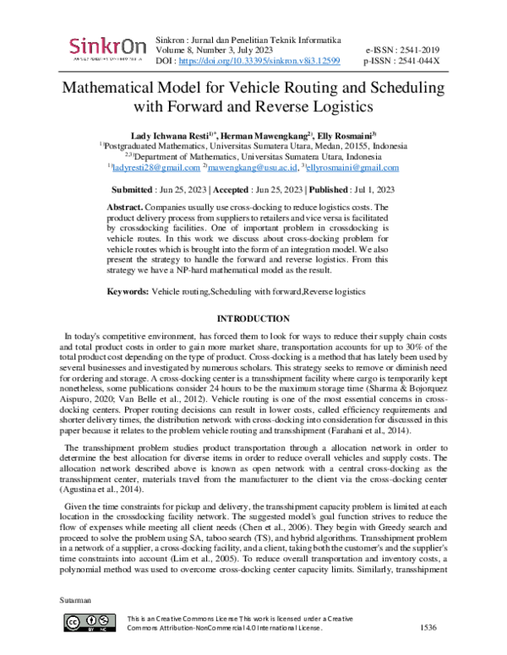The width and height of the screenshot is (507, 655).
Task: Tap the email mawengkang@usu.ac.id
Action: tap(262, 168)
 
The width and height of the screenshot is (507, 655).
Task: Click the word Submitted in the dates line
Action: tap(139, 190)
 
